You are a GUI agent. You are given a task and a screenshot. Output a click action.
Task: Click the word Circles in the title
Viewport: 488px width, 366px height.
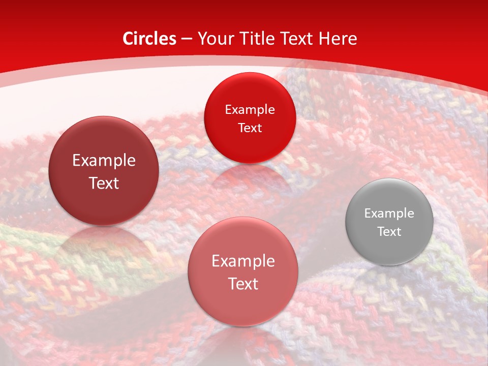149,39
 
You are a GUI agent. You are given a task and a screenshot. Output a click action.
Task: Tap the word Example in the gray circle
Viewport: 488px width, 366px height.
389,213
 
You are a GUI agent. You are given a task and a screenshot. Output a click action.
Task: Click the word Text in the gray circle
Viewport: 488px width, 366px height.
389,232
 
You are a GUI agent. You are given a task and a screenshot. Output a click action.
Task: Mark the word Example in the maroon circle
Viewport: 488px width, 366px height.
104,161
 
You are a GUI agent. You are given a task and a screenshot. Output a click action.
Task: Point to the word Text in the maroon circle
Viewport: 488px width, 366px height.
104,184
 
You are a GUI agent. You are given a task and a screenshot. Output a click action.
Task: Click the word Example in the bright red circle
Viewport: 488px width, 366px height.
250,110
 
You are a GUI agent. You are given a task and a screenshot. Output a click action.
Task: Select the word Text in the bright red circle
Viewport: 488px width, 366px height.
250,128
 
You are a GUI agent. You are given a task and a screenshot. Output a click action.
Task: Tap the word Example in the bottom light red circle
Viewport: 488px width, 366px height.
243,261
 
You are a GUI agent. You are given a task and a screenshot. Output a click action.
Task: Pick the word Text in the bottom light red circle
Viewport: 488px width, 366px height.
243,284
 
